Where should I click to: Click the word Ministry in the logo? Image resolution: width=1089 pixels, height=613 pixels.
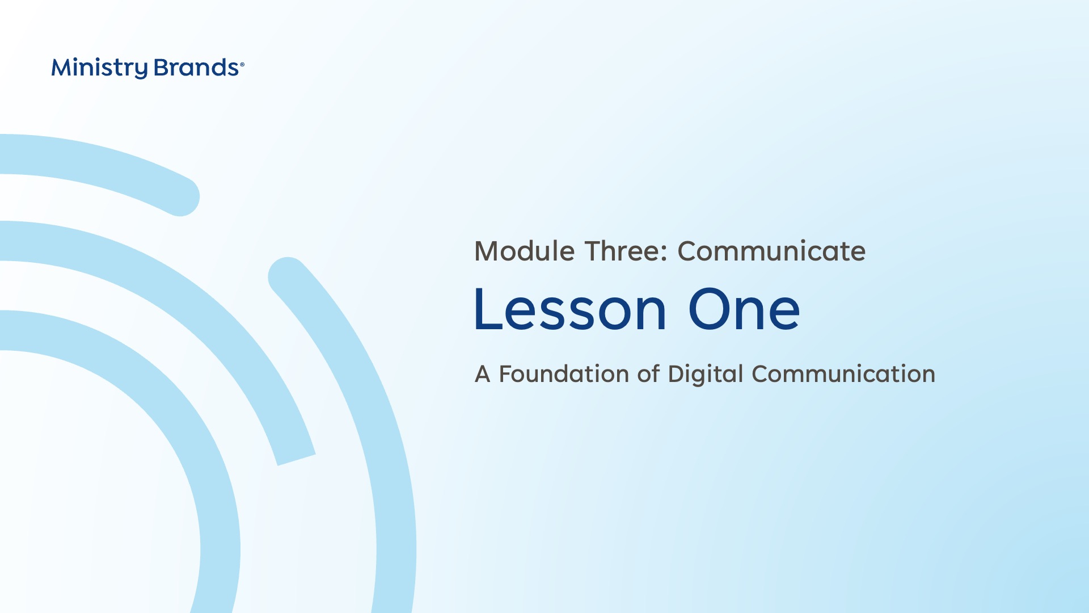pos(99,68)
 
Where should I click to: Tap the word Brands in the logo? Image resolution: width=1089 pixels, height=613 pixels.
pos(196,68)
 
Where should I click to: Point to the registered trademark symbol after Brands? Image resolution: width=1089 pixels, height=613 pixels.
pos(242,65)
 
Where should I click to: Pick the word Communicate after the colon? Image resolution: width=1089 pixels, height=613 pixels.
pos(771,251)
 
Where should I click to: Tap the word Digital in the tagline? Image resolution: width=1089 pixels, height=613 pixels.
pos(706,375)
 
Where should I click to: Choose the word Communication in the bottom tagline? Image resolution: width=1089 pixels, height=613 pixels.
pos(843,374)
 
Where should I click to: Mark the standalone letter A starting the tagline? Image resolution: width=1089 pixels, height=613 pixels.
pos(483,375)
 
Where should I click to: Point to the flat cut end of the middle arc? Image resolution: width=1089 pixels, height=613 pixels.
pos(296,460)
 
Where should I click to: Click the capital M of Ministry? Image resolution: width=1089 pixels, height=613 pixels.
pos(61,68)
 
